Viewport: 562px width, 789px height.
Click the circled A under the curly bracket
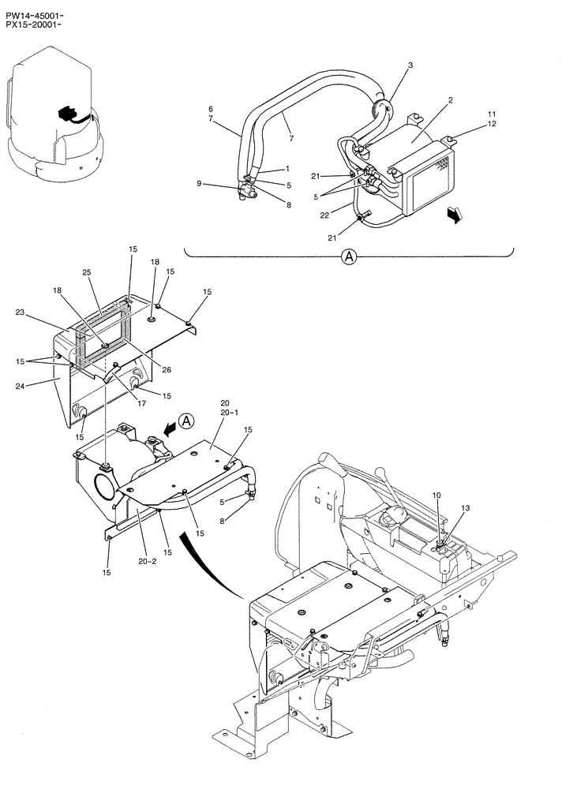pyautogui.click(x=348, y=256)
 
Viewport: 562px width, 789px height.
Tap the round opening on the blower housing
pyautogui.click(x=103, y=490)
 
